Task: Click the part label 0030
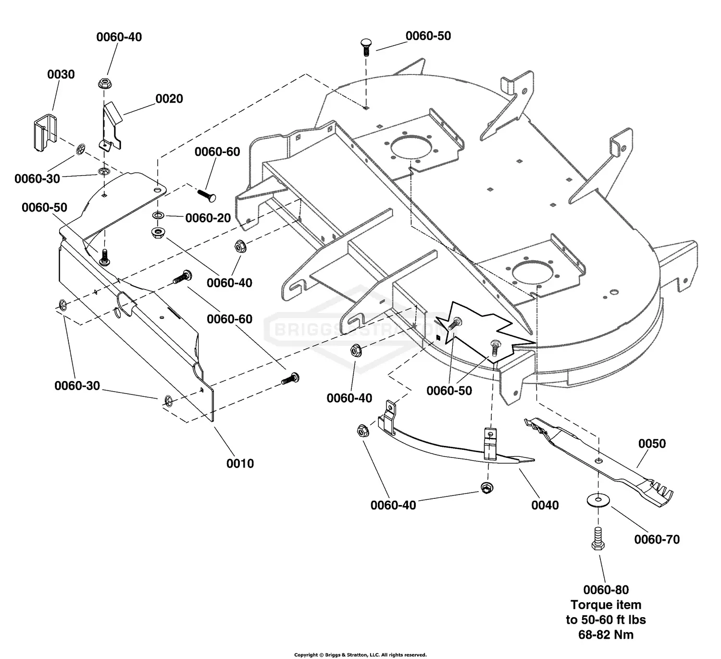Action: click(61, 75)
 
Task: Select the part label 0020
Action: click(169, 99)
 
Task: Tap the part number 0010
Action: click(240, 463)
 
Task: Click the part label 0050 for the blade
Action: click(652, 444)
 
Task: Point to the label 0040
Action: click(545, 505)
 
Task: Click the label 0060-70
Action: click(657, 540)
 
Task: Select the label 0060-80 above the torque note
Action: click(606, 590)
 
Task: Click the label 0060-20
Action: click(208, 218)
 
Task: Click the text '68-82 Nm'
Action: click(606, 634)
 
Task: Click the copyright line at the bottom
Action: click(360, 655)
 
